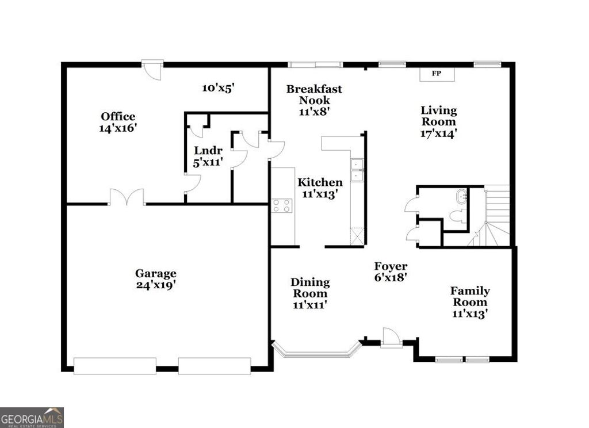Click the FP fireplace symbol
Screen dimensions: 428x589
pos(437,74)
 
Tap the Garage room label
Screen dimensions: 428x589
pos(155,274)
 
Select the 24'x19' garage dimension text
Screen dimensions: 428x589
pos(155,285)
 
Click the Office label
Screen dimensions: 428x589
pos(118,117)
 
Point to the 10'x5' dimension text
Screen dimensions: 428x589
pos(218,88)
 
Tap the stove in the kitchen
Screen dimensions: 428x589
pos(282,205)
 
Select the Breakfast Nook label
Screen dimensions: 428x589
pos(314,94)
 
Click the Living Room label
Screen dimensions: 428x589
pos(439,116)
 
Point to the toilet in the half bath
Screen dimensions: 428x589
pos(458,216)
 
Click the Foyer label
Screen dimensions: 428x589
pos(391,266)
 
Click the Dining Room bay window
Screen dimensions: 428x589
pos(316,352)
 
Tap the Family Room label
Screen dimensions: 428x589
pos(470,296)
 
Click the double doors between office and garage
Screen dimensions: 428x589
pos(127,197)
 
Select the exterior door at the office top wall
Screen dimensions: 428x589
pos(153,70)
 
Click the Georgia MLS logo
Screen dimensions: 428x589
pos(32,417)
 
